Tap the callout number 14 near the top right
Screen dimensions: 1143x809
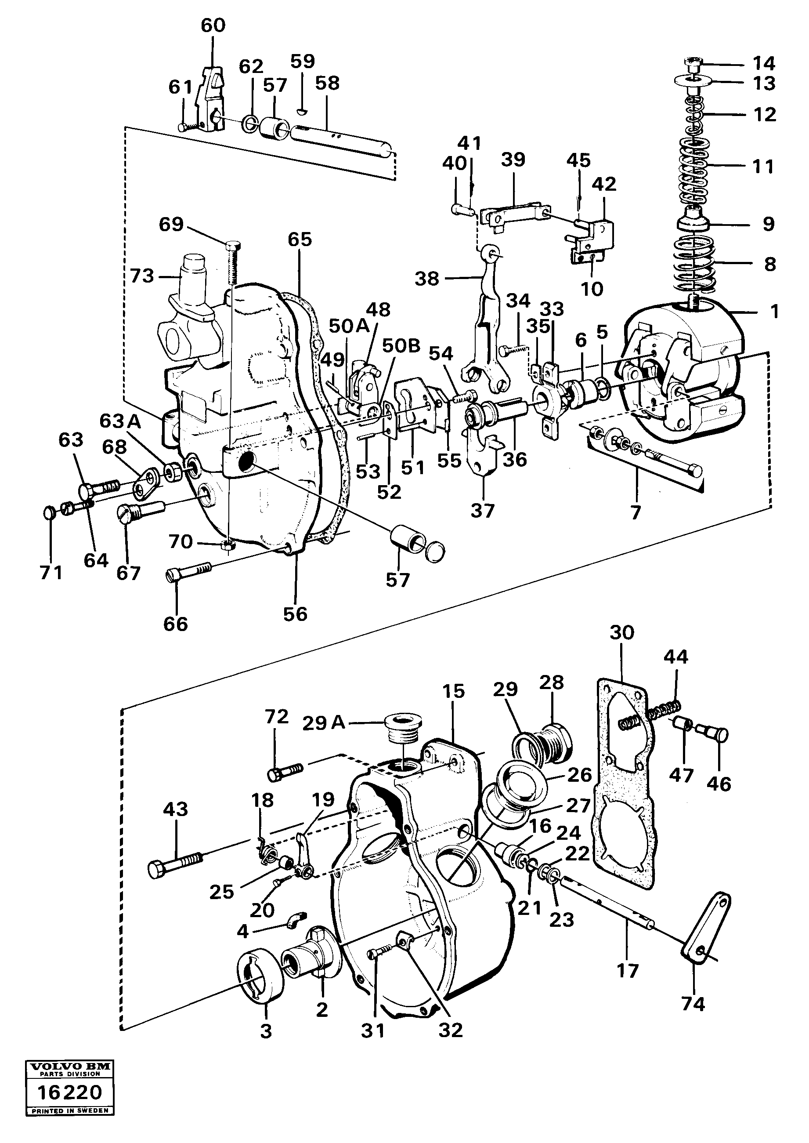[764, 64]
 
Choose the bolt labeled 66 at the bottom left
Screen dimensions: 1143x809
[189, 572]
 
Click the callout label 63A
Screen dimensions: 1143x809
[120, 421]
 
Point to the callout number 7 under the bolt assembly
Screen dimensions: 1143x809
[636, 512]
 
